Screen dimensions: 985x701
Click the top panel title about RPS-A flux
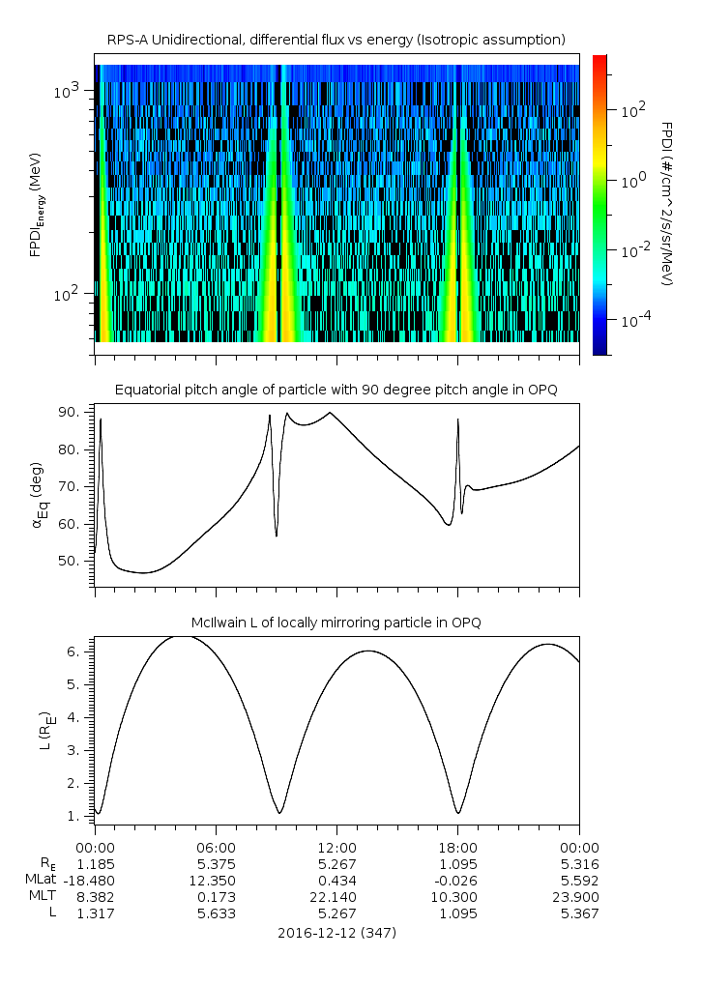336,40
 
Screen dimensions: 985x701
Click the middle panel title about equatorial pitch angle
336,390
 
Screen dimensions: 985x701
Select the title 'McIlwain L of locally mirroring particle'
336,623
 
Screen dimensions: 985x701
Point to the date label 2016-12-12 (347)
336,933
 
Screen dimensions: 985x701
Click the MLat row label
42,880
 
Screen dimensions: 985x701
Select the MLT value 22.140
336,897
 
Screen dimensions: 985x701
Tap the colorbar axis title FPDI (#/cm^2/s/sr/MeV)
666,204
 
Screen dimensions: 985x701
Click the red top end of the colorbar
599,60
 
